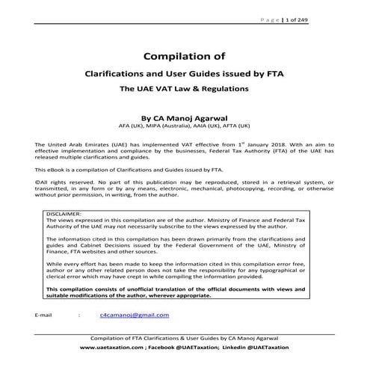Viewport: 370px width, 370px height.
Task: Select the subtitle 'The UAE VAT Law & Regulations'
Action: (x=185, y=88)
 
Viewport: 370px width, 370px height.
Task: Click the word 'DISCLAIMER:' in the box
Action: (x=66, y=214)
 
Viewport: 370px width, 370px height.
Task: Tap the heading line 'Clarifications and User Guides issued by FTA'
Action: (x=185, y=73)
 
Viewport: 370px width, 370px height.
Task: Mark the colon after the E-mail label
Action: (x=79, y=315)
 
